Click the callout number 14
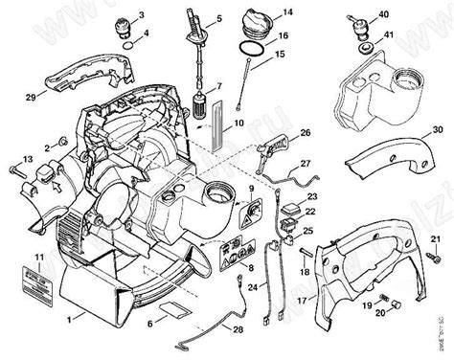tap(282, 15)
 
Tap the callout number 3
tap(142, 16)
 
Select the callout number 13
tap(28, 157)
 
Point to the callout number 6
tap(150, 325)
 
